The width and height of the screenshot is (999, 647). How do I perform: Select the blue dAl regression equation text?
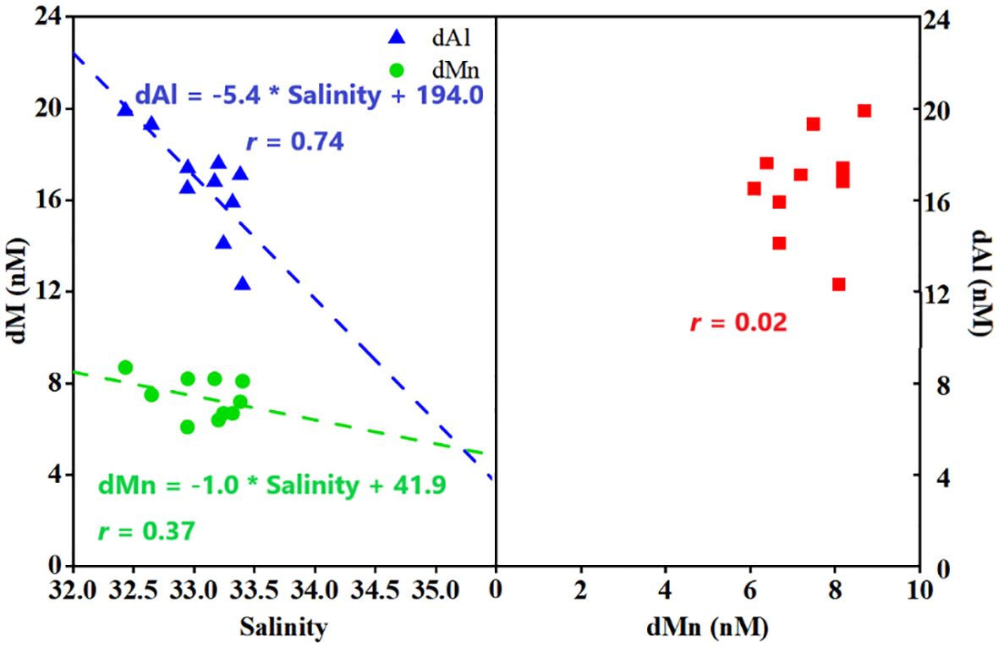point(309,96)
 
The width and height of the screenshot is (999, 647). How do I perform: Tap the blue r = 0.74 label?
point(294,142)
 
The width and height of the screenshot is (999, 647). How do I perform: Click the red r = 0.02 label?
point(738,323)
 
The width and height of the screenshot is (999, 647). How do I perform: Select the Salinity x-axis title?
point(283,627)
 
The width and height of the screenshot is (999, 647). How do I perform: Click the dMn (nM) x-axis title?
point(708,627)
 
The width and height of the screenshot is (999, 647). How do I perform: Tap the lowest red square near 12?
point(838,284)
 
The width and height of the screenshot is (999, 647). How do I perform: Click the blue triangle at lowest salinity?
point(125,109)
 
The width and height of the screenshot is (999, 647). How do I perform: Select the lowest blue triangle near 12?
point(243,283)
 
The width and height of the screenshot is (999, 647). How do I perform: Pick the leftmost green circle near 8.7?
point(125,367)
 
